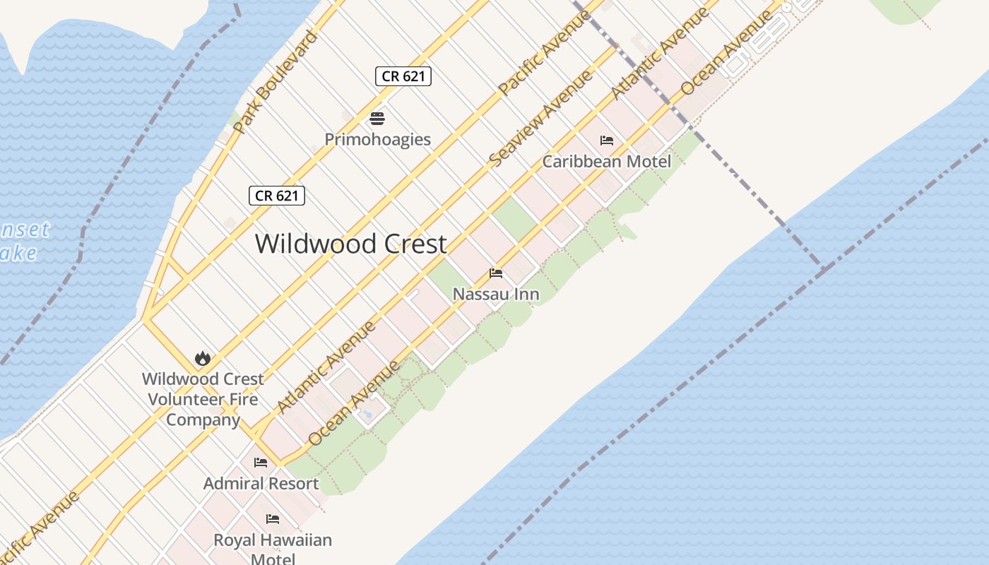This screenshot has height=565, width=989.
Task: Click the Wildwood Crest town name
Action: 350,244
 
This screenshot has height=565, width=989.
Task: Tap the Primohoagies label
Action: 377,139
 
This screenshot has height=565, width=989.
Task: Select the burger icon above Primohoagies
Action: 377,118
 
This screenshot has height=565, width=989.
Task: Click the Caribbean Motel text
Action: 606,162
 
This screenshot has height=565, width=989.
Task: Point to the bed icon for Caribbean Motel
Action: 606,141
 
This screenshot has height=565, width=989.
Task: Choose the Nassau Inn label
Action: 496,294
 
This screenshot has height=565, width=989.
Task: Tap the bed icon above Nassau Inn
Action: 496,273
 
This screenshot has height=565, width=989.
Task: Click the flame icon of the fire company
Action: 203,359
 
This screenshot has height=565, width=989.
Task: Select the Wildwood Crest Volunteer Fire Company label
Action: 203,399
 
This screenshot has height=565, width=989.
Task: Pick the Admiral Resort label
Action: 261,484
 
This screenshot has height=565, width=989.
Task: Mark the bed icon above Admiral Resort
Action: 261,463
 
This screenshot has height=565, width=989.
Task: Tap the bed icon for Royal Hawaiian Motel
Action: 272,519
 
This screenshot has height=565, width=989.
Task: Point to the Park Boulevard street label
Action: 275,83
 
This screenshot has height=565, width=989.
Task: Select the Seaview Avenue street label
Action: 540,118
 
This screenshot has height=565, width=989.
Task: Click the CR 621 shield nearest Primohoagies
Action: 403,76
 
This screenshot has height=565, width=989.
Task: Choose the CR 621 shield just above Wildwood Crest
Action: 277,196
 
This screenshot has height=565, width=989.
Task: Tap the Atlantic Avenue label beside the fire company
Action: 326,367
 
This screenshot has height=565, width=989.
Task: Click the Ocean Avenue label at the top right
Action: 727,54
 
